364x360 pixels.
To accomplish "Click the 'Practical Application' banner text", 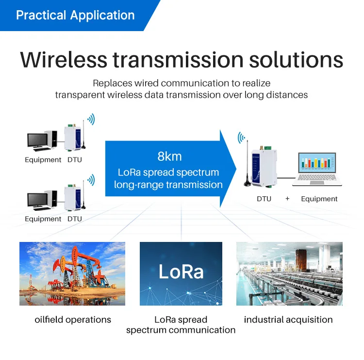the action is pos(75,16).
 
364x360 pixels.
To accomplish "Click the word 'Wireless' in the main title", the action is pos(64,60).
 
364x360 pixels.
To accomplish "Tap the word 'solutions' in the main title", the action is pos(296,60).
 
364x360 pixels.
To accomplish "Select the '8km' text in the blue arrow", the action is pos(169,156).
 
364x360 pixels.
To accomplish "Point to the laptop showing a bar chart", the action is pos(317,169).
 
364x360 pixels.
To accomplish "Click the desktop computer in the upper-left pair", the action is pos(42,141).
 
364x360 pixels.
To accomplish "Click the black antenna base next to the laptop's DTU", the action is pos(248,184).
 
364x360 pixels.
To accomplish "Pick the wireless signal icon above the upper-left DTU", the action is pos(91,119).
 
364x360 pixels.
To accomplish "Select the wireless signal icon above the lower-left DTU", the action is pos(91,180).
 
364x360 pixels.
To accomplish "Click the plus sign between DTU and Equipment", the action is pos(287,199).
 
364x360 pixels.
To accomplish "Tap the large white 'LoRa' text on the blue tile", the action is pos(181,272).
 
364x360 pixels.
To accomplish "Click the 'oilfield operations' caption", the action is pos(73,320).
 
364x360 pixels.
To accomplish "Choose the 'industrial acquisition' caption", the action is pos(288,320).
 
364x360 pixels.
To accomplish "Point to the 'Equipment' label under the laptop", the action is pos(319,199).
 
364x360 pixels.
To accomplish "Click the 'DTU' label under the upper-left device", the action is pos(75,160).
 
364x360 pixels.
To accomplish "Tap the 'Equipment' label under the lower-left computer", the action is pos(43,219).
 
